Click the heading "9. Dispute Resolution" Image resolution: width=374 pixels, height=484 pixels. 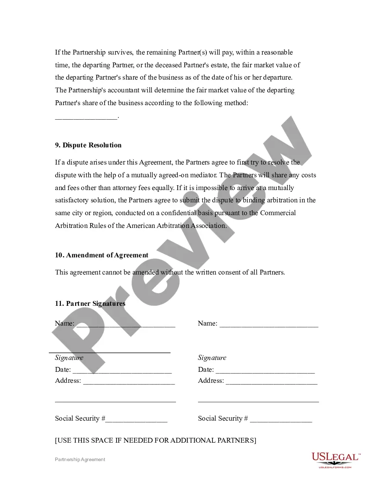click(88, 145)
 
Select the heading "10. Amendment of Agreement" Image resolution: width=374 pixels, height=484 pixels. click(102, 255)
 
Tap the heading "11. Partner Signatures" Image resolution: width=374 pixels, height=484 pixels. click(90, 304)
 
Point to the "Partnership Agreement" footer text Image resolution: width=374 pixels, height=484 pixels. click(80, 459)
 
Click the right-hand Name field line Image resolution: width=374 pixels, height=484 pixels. click(268, 326)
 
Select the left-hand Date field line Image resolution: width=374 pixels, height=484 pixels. click(122, 372)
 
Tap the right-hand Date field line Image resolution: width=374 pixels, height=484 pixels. click(265, 372)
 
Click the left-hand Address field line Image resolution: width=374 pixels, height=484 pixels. click(129, 383)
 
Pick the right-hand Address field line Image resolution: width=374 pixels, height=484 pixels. click(271, 383)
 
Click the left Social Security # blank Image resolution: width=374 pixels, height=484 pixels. click(136, 421)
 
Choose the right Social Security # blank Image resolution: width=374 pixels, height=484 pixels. click(281, 421)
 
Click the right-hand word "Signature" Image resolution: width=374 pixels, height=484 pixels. click(212, 358)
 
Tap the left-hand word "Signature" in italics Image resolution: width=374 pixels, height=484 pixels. click(69, 358)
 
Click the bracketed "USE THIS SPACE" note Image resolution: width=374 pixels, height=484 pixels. click(155, 440)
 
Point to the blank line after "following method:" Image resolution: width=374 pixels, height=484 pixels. click(86, 117)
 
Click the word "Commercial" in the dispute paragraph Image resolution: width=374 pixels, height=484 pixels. click(278, 213)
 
